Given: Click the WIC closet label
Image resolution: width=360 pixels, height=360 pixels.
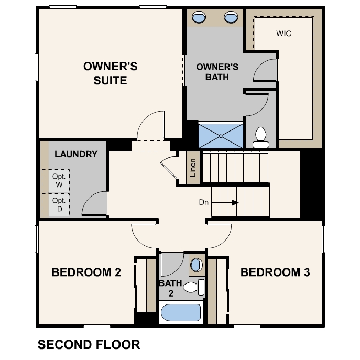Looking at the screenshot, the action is click(x=283, y=34).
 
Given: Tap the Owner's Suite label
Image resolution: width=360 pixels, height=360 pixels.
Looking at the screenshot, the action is click(x=110, y=73).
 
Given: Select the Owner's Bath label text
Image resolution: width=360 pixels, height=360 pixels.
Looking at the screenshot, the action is click(x=217, y=72).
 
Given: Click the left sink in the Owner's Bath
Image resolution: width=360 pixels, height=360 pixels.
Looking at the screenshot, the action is click(x=199, y=17).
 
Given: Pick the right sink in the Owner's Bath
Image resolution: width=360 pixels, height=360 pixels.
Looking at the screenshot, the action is click(x=231, y=17).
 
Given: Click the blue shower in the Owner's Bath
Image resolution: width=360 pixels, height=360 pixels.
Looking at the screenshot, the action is click(x=221, y=136).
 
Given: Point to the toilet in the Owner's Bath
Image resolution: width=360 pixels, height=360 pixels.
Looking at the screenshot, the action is click(x=261, y=137).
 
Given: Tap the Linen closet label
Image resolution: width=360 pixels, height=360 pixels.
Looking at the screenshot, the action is click(x=193, y=168).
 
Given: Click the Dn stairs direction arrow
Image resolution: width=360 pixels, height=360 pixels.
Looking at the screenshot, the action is click(x=225, y=203).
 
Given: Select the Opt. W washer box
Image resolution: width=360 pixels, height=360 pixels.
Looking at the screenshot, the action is click(x=59, y=181).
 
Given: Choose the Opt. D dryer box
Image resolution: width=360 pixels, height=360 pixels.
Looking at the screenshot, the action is click(x=59, y=204).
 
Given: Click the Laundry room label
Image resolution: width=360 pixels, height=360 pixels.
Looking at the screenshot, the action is click(x=76, y=154).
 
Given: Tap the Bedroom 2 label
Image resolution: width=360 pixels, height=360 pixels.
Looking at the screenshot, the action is click(x=86, y=272).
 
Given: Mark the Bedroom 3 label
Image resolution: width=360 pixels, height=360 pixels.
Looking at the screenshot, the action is click(x=275, y=272).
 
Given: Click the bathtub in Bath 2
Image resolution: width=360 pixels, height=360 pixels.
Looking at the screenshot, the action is click(x=181, y=312).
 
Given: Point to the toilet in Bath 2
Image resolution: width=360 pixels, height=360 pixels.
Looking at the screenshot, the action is click(x=194, y=287).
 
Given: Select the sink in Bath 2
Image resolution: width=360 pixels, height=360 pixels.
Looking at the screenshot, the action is click(x=197, y=265).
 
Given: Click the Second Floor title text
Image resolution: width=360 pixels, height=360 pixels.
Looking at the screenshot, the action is click(x=89, y=345).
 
